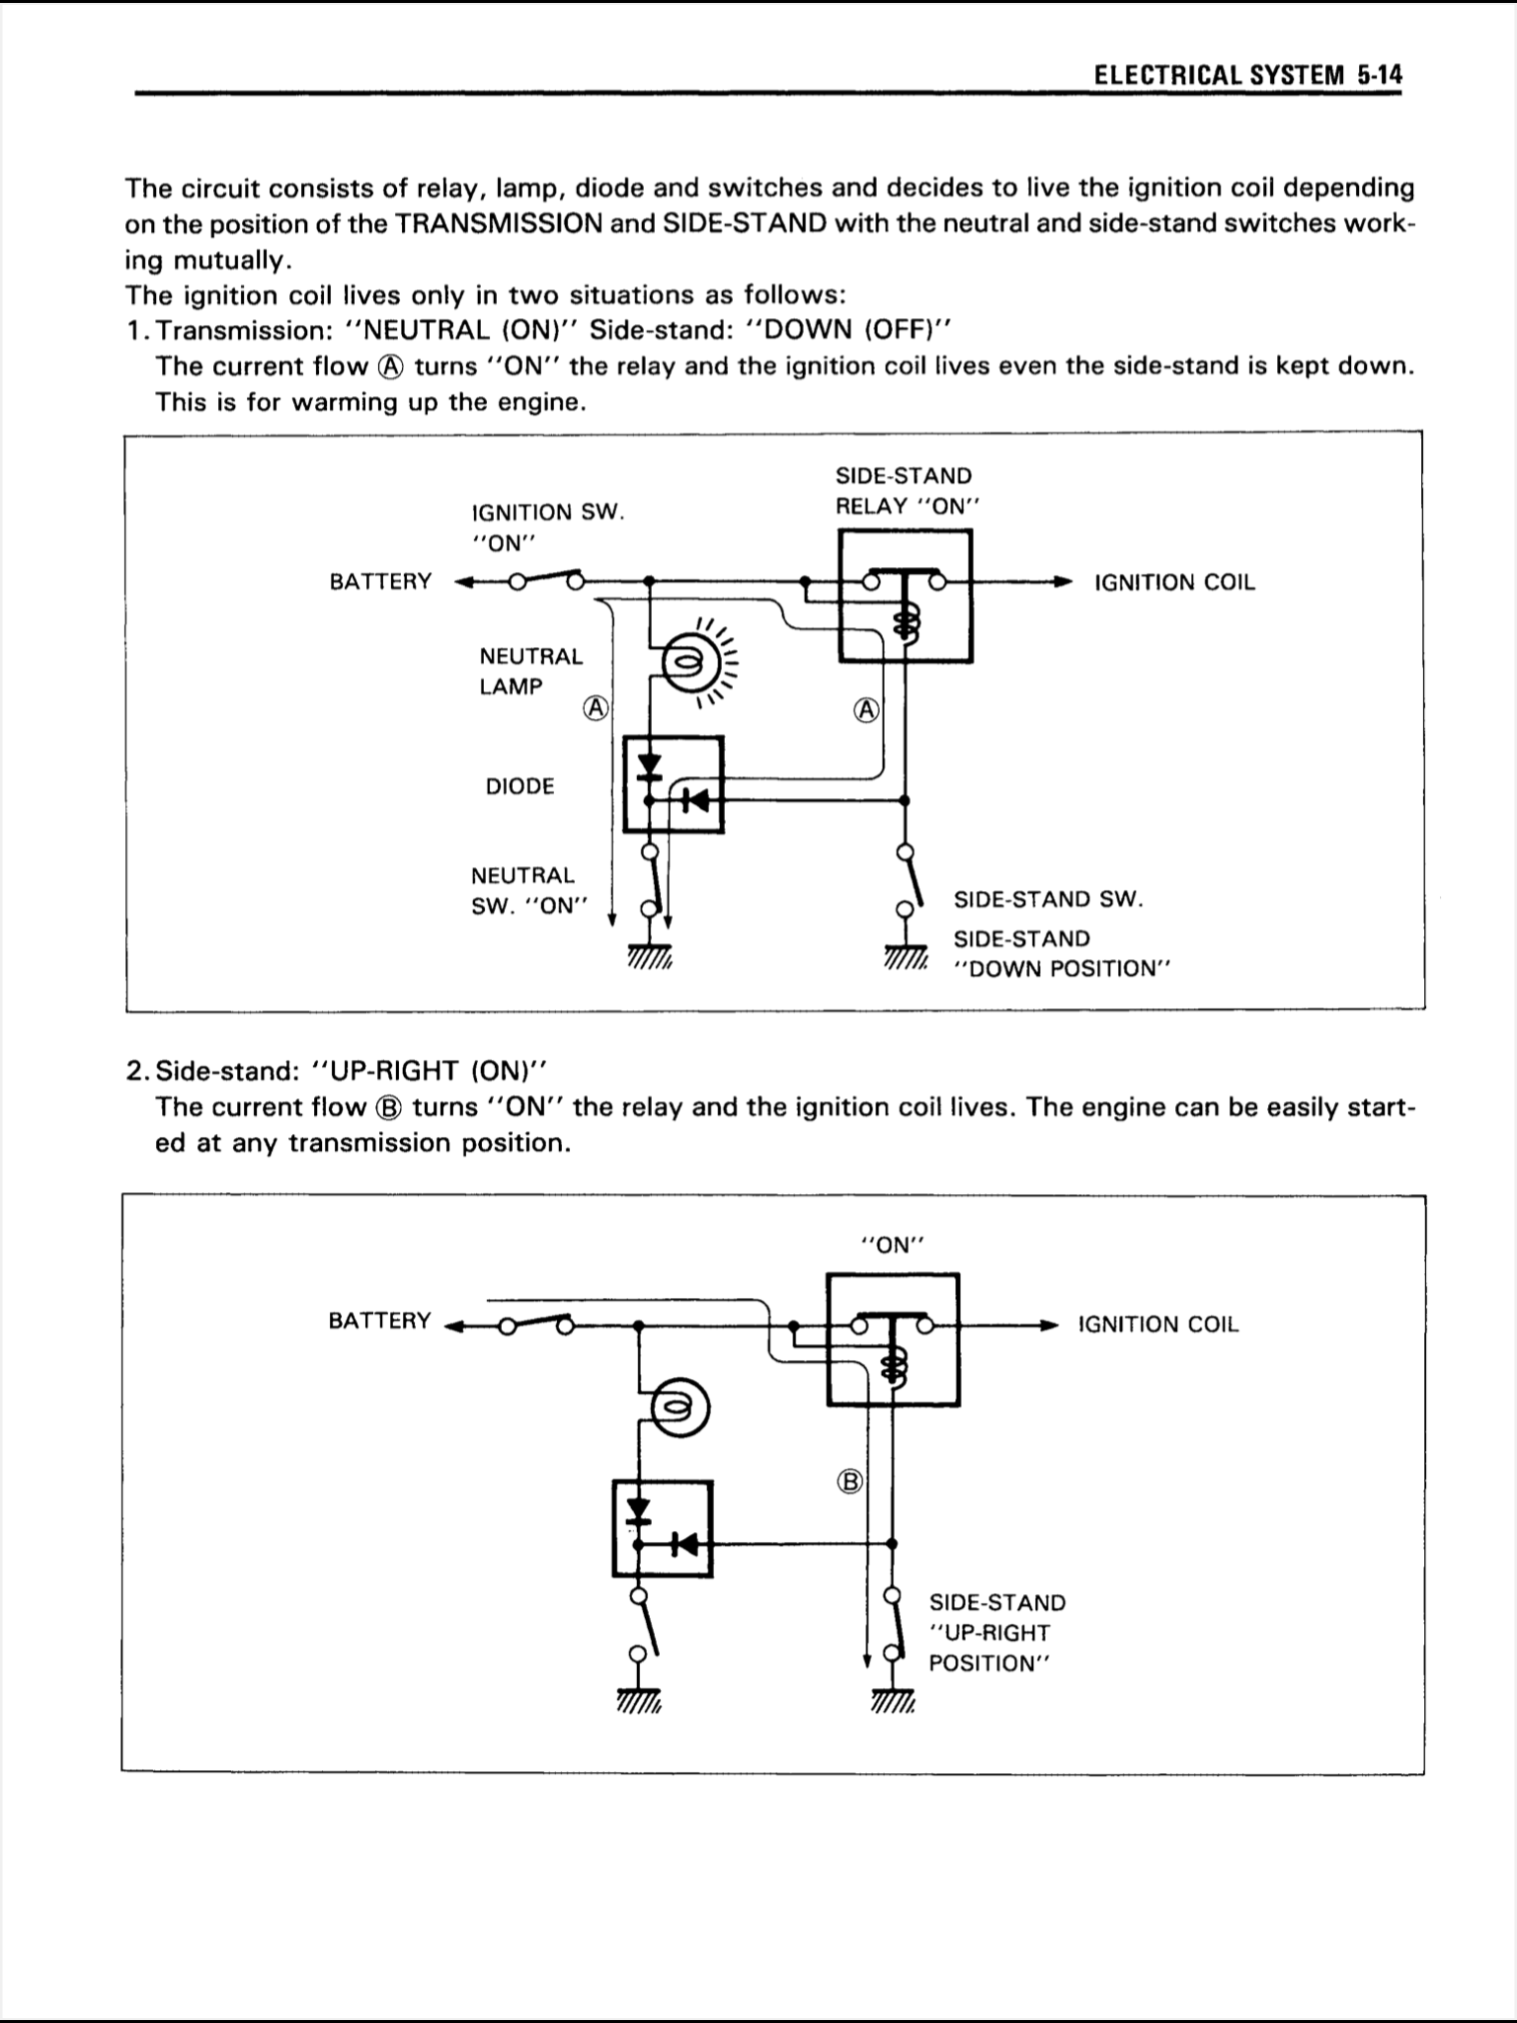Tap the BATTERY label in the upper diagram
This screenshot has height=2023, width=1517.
[380, 582]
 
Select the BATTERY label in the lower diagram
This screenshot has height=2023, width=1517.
[379, 1321]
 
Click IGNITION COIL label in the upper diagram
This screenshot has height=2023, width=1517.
[1174, 583]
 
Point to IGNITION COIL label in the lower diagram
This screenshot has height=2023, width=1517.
[1158, 1325]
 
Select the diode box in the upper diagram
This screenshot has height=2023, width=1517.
[674, 784]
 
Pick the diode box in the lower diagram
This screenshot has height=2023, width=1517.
[662, 1527]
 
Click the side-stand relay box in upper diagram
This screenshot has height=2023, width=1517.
[905, 596]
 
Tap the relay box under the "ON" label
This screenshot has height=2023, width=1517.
[893, 1338]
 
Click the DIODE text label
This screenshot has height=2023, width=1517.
[519, 787]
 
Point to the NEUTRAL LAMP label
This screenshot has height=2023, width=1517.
[530, 672]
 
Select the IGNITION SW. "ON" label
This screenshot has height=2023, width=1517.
[548, 526]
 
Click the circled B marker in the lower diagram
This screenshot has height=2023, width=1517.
[850, 1481]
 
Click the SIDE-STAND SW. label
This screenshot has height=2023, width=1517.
[1048, 900]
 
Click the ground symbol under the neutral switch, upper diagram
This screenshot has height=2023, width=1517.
[649, 956]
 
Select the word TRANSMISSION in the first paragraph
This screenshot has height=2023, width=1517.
[499, 224]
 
